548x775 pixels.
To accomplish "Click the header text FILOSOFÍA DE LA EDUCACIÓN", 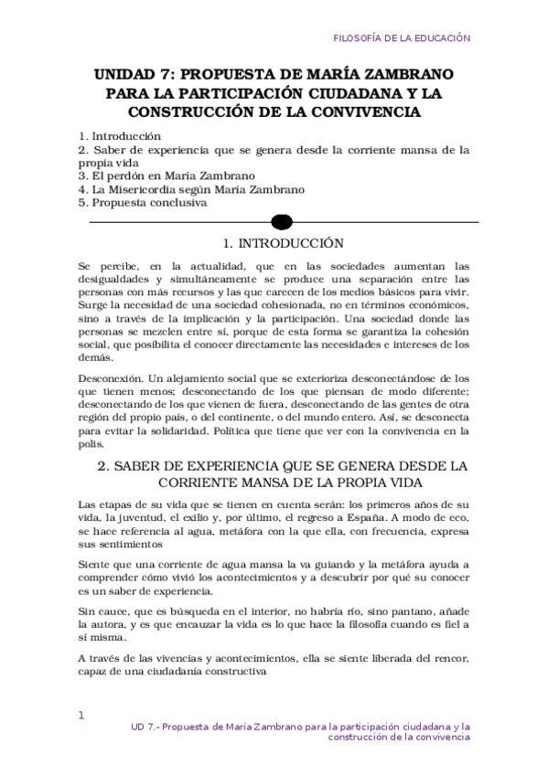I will click(x=402, y=38).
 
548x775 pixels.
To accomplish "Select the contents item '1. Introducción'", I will click(x=120, y=136).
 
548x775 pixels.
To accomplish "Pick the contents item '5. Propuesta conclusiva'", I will click(x=143, y=203).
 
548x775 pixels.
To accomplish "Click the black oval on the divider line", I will click(x=283, y=222).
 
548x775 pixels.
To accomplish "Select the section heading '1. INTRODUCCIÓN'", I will click(x=284, y=244).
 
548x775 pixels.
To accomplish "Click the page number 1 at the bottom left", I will click(x=81, y=716).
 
